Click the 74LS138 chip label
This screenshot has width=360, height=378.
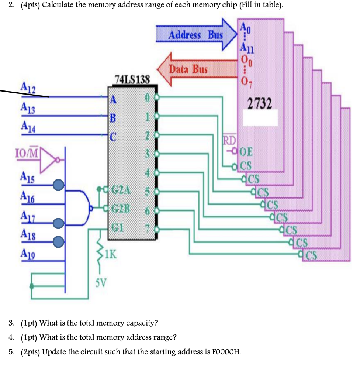[132, 79]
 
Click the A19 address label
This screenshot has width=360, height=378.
[26, 254]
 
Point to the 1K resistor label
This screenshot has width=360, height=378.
[111, 254]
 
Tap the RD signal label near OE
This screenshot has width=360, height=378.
[229, 140]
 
